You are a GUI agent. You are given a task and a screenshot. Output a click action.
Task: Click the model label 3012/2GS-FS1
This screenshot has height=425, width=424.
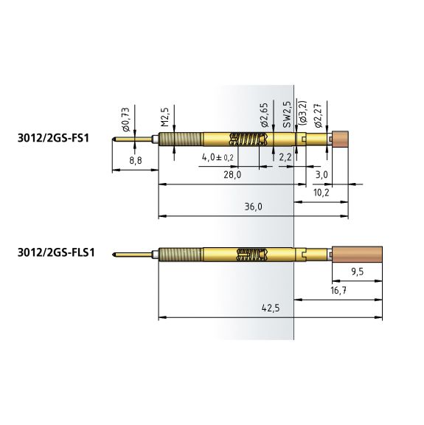[53, 138]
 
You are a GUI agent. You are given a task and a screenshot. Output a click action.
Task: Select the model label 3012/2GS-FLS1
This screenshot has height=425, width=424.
[56, 252]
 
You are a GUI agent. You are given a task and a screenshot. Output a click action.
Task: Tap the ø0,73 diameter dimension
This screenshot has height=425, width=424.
[126, 120]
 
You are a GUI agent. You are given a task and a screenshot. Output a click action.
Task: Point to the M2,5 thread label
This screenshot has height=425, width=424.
[164, 117]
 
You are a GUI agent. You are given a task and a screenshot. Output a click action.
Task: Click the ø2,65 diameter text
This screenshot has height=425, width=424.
[264, 115]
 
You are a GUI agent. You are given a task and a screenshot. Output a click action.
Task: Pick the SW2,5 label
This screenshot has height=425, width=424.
[287, 114]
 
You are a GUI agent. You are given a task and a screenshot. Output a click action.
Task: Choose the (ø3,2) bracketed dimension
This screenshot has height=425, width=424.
[303, 113]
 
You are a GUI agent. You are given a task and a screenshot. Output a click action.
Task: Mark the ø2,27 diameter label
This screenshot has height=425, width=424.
[318, 115]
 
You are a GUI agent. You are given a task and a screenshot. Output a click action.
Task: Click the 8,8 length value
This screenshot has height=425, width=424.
[136, 160]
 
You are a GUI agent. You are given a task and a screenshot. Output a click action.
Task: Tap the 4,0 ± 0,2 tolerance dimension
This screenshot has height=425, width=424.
[218, 157]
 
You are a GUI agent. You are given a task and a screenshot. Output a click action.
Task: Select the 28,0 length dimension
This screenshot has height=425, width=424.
[232, 175]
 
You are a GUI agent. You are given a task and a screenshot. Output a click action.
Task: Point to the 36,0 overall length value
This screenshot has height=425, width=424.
[254, 207]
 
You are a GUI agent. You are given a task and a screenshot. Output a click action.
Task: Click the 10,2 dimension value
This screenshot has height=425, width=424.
[321, 193]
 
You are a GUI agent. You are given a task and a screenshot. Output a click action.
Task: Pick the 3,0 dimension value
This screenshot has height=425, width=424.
[322, 175]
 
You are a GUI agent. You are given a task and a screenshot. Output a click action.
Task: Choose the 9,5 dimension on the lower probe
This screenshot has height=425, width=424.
[358, 272]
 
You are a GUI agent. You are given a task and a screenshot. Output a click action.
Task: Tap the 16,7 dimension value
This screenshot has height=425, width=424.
[338, 290]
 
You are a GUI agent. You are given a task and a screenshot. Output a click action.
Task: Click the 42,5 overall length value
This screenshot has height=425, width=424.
[271, 308]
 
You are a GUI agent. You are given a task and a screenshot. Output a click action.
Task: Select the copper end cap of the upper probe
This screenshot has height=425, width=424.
[340, 139]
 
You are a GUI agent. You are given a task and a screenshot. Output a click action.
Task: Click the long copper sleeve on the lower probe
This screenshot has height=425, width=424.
[358, 255]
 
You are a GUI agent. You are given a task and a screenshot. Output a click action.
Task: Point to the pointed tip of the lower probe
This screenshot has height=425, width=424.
[113, 255]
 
